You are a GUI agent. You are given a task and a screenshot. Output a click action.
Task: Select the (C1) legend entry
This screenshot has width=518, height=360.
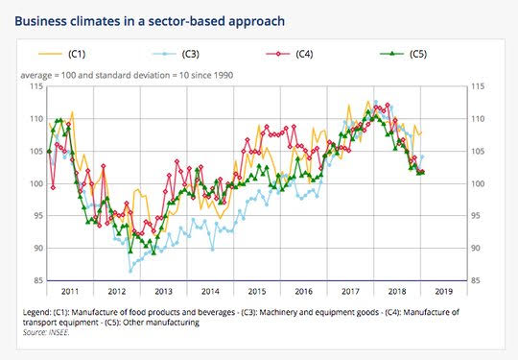tap(62, 54)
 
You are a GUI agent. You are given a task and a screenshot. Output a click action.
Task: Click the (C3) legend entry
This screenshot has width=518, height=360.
tap(176, 54)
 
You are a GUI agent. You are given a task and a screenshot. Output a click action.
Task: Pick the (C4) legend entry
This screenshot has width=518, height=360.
tap(290, 54)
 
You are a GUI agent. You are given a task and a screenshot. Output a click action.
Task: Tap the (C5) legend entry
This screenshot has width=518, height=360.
tap(403, 54)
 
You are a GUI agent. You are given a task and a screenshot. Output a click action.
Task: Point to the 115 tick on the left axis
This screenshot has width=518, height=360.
tap(36, 86)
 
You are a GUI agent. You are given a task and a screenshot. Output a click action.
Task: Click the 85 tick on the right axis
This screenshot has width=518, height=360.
tap(476, 280)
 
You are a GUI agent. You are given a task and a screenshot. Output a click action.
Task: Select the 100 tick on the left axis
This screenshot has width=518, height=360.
tap(36, 183)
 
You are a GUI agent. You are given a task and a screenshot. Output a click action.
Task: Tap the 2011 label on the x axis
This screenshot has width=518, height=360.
tap(70, 292)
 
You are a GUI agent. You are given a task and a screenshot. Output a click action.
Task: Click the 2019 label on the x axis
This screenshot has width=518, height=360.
tap(444, 292)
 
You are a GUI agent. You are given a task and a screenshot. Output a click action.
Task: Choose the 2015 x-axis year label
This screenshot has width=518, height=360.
tap(257, 292)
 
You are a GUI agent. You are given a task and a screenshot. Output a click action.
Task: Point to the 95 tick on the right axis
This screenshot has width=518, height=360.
tap(476, 216)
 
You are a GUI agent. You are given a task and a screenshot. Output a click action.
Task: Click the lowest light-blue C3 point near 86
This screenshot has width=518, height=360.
tap(130, 271)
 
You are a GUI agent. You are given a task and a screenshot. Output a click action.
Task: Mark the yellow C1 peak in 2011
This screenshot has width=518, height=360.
tap(72, 112)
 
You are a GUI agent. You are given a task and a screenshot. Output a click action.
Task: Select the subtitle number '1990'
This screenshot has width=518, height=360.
tap(224, 76)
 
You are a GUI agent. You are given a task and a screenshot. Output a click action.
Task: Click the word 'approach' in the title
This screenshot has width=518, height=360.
tap(256, 22)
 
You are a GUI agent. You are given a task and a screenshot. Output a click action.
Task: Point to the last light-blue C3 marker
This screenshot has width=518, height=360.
tap(422, 156)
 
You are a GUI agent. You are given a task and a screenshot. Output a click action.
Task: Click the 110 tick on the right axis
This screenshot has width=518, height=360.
tap(478, 119)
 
